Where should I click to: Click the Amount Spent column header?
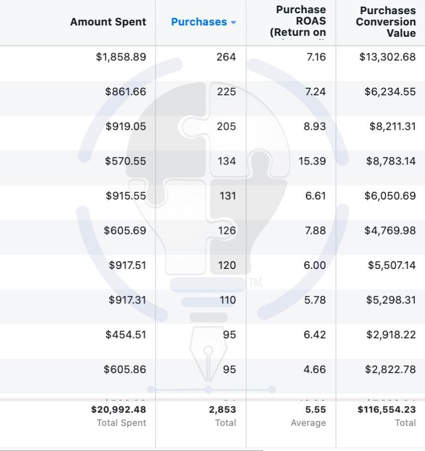point(108,22)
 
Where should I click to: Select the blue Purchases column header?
point(199,22)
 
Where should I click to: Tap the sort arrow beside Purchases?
point(233,23)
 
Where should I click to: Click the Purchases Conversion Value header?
point(386,22)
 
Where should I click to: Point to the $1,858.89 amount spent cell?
point(121,57)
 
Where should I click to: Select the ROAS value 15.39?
point(312,161)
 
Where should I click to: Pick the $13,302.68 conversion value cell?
point(387,57)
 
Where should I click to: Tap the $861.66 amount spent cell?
point(126,92)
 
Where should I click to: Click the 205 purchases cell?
point(226,126)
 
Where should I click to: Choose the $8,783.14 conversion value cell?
point(391,161)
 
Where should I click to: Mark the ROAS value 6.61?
point(315,196)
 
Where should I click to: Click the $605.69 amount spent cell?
point(125,231)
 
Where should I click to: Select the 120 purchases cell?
point(227,265)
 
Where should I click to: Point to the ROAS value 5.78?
point(315,300)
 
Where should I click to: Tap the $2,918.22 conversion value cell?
point(391,334)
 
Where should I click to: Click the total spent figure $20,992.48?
point(119,409)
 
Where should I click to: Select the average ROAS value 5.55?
point(315,409)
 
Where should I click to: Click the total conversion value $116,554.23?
point(386,409)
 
